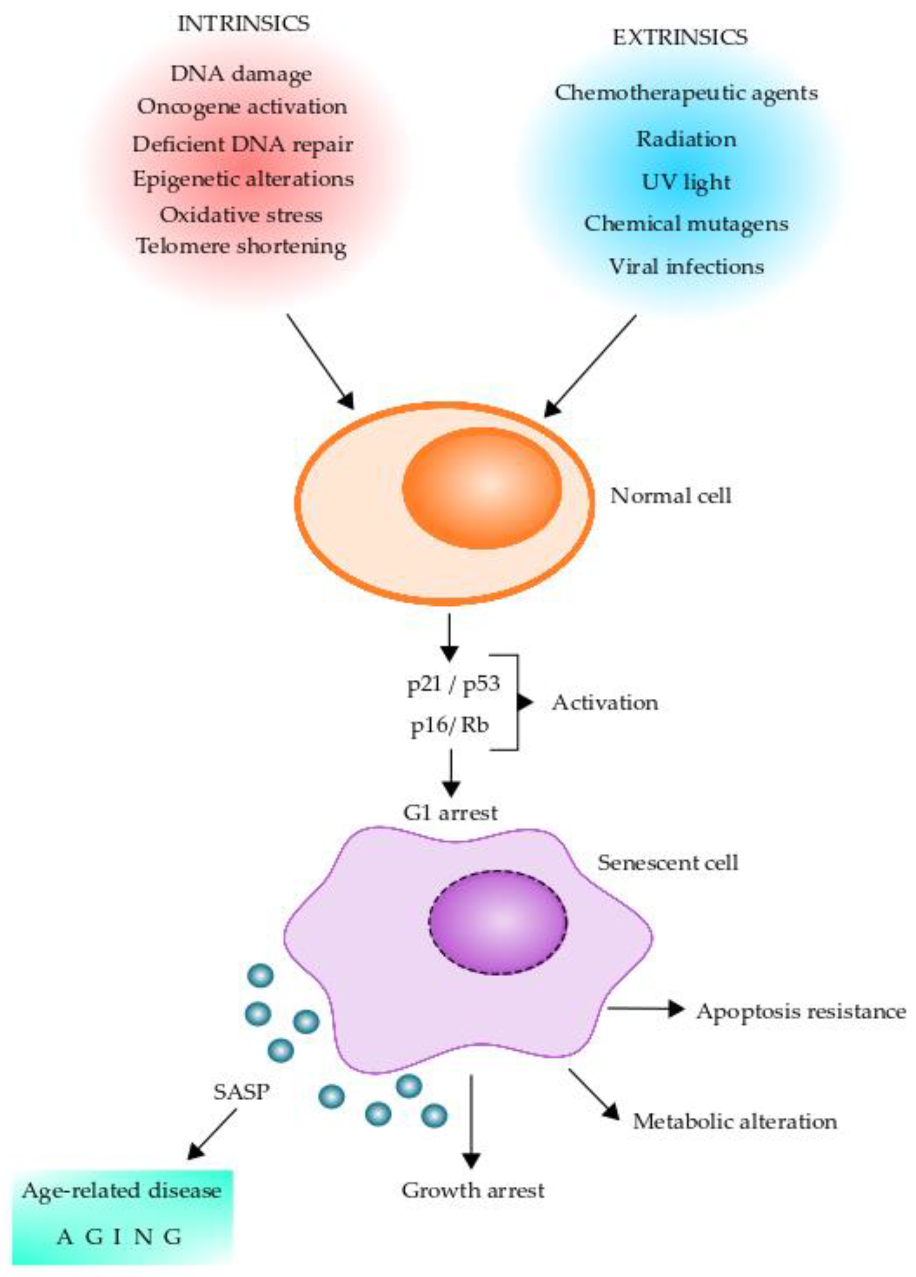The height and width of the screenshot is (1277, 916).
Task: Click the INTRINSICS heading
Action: coord(243,24)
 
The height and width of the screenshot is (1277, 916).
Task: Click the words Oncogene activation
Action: coord(242,107)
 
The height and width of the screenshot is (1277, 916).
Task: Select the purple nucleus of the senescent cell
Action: coord(498,922)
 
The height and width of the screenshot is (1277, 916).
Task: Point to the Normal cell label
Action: coord(671,496)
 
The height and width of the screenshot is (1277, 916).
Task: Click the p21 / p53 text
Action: coord(453,685)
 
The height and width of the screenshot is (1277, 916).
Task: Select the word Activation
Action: coord(605,703)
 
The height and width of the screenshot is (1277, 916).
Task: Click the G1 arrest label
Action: coord(450,812)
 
